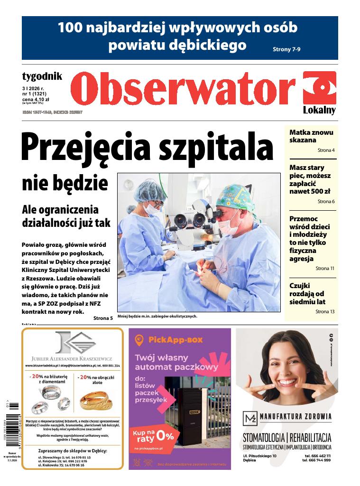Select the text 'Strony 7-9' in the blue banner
[290, 49]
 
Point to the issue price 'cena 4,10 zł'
[36, 99]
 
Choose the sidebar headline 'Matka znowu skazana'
[312, 136]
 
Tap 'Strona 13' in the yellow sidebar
[325, 311]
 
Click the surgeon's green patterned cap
[234, 195]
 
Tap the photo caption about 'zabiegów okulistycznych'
[157, 316]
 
